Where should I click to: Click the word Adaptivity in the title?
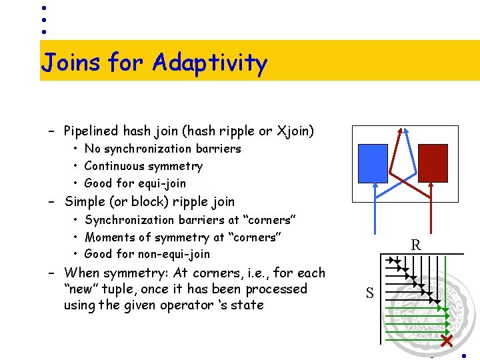click(209, 63)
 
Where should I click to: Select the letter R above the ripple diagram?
click(416, 245)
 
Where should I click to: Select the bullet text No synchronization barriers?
click(163, 149)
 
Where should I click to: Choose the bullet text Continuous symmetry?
click(143, 166)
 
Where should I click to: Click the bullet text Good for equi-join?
click(135, 183)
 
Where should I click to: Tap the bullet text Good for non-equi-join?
click(147, 254)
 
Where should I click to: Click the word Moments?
click(111, 237)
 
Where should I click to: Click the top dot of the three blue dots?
click(43, 8)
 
